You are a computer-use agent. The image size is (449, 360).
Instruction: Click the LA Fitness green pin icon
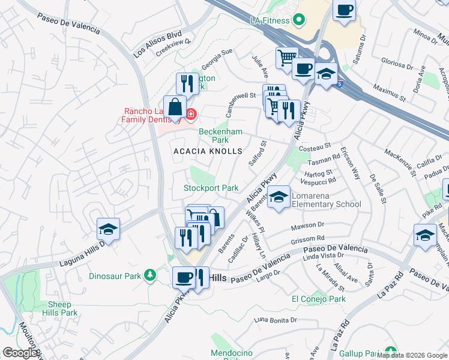(x=298, y=20)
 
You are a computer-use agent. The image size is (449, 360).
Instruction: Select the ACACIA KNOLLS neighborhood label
(x=208, y=152)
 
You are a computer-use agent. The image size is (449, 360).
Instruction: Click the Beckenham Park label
(x=214, y=136)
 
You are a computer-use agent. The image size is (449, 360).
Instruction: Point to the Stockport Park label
(x=211, y=188)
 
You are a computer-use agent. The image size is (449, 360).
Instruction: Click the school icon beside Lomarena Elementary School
(x=279, y=197)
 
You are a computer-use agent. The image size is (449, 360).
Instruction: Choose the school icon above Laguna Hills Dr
(x=108, y=229)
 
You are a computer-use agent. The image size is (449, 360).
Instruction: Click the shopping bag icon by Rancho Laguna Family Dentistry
(x=174, y=108)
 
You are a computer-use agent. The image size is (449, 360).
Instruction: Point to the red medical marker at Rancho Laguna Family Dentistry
(x=191, y=113)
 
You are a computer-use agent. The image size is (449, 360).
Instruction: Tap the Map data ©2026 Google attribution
(x=412, y=355)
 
